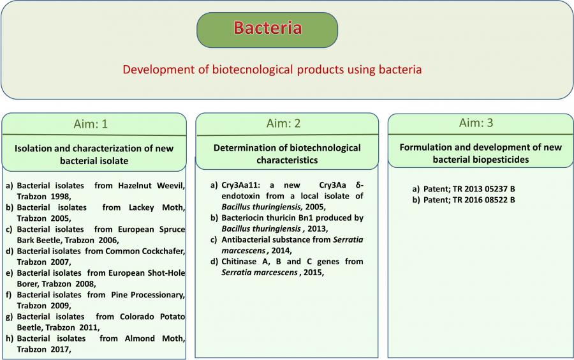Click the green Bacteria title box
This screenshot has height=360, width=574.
[x=267, y=30]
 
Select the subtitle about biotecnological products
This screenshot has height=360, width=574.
[x=272, y=70]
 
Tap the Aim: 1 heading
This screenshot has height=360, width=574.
[x=91, y=124]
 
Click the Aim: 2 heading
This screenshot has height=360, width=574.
[x=283, y=123]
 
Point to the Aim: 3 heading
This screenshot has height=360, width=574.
[x=476, y=123]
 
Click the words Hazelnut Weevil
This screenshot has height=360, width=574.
[x=151, y=186]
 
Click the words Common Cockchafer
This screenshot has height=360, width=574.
[x=145, y=251]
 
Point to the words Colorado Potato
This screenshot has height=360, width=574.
[x=152, y=317]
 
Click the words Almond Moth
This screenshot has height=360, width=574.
[x=154, y=339]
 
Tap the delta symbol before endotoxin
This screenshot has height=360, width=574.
[x=359, y=185]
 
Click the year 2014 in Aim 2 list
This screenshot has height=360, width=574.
[x=281, y=251]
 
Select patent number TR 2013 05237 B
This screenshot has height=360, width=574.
[x=483, y=189]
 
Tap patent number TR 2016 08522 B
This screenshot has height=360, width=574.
[x=483, y=200]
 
